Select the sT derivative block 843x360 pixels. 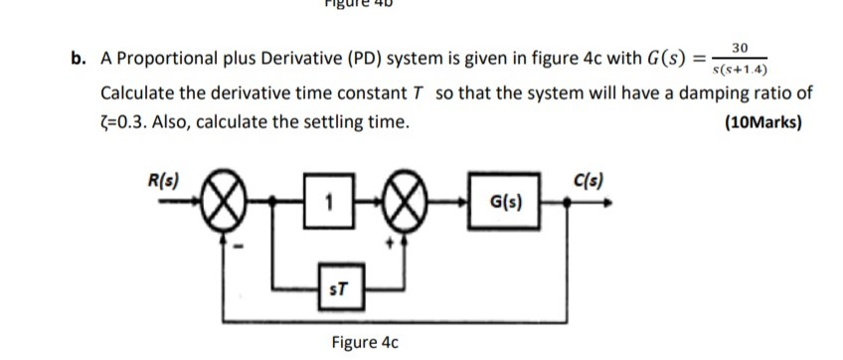(337, 290)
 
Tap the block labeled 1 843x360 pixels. (328, 207)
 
